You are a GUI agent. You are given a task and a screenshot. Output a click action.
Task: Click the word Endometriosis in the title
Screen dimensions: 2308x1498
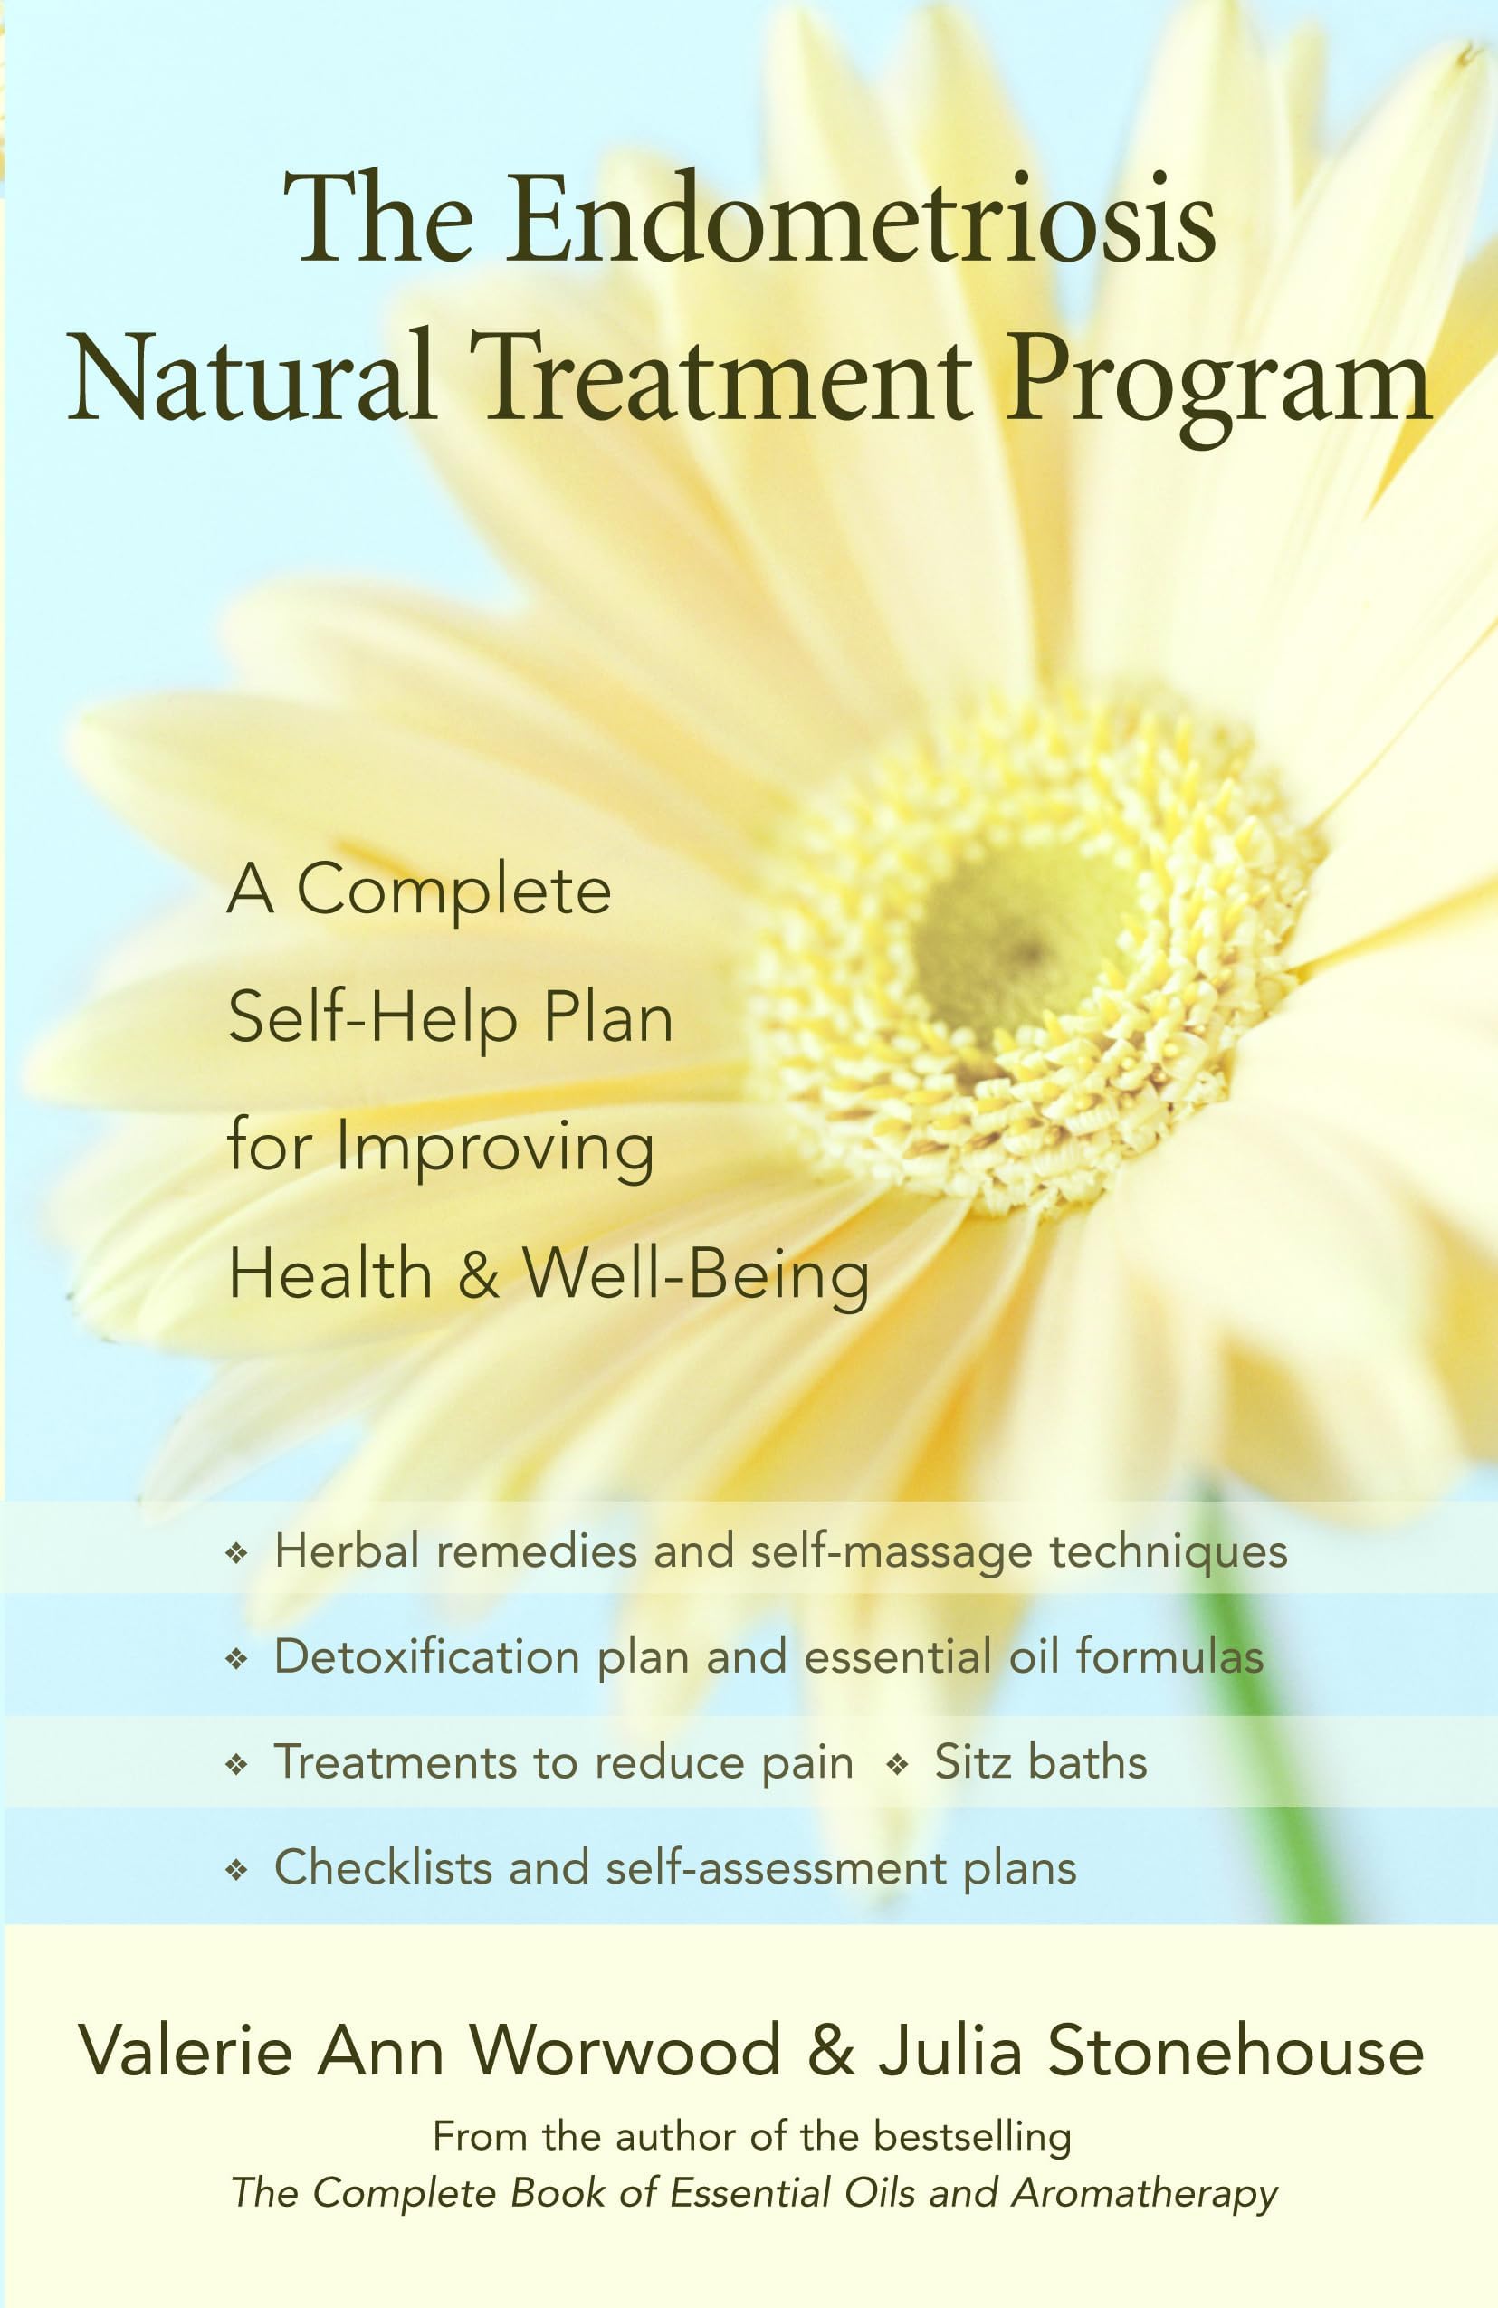(861, 221)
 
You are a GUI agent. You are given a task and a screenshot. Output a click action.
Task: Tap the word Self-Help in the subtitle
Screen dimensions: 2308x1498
(371, 1018)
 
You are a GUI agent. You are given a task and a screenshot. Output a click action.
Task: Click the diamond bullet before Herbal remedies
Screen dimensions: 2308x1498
(235, 1555)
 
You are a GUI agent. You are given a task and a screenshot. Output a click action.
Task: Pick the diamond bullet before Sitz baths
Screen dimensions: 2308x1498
(897, 1765)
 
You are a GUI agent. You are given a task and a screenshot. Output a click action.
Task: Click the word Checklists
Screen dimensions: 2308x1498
(383, 1868)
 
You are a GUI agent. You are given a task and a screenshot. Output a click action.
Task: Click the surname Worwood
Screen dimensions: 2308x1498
(625, 2052)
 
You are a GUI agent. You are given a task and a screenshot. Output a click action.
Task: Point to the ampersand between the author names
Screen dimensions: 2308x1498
(830, 2052)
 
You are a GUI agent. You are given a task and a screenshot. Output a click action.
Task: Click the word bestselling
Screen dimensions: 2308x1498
(972, 2137)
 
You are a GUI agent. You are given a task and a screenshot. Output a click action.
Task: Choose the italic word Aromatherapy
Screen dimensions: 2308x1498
(1144, 2194)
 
